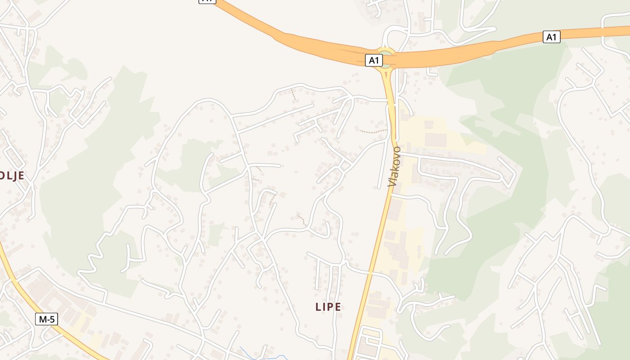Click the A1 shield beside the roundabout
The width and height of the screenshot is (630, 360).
pyautogui.click(x=373, y=60)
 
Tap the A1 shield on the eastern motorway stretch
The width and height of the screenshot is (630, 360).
pyautogui.click(x=551, y=37)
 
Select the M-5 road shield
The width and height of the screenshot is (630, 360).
pyautogui.click(x=47, y=319)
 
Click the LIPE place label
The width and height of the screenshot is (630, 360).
pyautogui.click(x=328, y=307)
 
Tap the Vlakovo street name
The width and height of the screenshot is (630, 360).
pyautogui.click(x=394, y=166)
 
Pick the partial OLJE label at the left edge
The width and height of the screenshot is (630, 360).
pyautogui.click(x=12, y=176)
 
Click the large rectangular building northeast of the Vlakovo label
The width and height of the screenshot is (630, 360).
pyautogui.click(x=435, y=139)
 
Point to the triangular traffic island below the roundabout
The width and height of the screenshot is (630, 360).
pyautogui.click(x=387, y=74)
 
